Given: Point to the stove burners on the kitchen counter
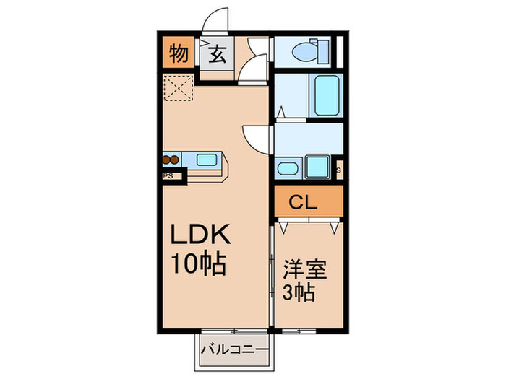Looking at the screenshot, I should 171,160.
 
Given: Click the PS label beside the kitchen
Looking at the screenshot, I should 168,174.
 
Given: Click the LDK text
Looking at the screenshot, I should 200,236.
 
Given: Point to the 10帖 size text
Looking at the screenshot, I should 198,264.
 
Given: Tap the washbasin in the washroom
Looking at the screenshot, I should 287,169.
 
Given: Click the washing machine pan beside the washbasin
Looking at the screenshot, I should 318,167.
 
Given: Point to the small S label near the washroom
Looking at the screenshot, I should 338,171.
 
